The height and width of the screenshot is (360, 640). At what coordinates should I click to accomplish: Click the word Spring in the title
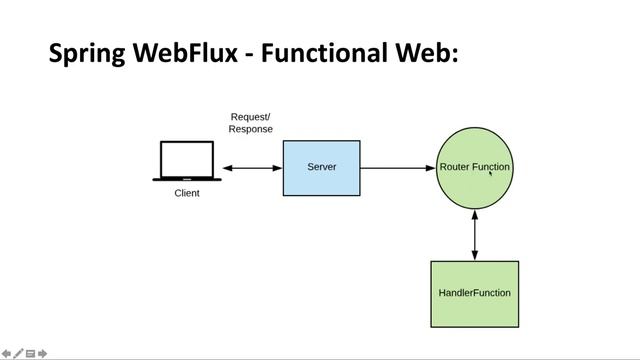86,53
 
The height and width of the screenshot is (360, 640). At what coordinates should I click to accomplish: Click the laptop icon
187,161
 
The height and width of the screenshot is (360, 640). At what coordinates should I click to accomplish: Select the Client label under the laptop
187,193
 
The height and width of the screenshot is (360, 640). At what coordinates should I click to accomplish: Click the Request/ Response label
250,123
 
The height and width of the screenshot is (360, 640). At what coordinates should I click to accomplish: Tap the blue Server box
322,168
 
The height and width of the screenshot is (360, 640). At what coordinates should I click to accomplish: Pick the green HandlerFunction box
474,293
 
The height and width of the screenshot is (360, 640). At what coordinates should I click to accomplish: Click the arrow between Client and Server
252,168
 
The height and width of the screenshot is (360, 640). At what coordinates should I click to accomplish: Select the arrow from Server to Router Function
398,168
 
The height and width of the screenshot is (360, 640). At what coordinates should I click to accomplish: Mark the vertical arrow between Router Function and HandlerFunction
474,235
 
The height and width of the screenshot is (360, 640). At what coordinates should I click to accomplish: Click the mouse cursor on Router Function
490,173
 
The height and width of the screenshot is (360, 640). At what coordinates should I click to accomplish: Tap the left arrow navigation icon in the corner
6,353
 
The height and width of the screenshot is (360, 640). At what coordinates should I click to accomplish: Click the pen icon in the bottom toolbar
18,353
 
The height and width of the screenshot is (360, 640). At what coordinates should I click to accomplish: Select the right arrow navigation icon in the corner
43,353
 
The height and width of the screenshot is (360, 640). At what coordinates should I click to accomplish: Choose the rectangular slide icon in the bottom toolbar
31,353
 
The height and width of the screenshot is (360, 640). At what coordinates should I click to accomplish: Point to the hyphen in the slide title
246,54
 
